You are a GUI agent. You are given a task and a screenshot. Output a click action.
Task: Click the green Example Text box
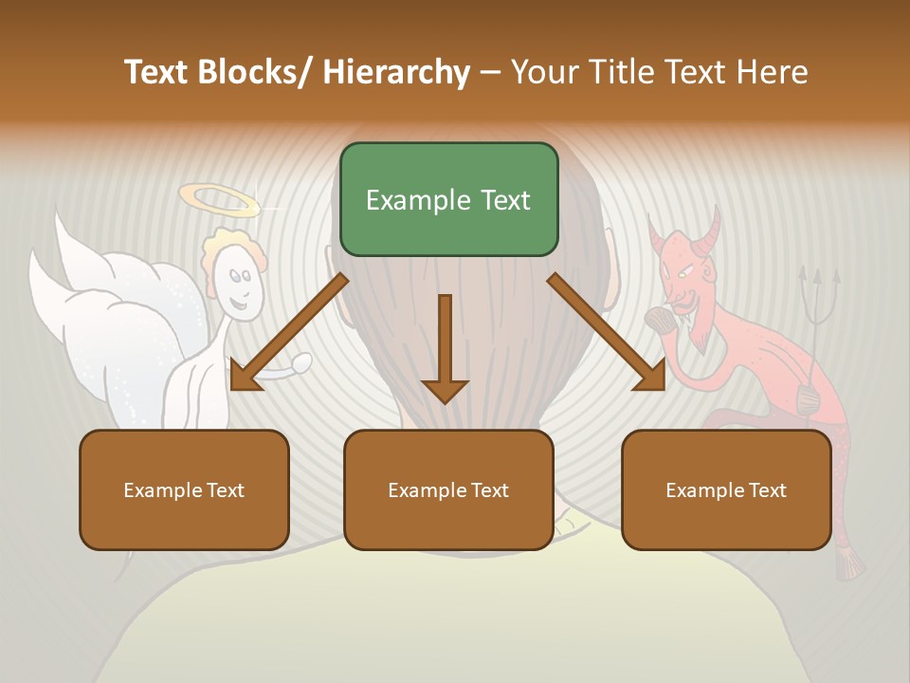point(448,199)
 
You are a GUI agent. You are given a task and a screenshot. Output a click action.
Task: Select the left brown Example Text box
point(184,489)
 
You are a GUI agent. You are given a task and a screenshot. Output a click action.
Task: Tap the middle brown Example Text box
point(448,489)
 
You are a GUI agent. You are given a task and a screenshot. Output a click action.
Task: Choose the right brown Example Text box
point(726,489)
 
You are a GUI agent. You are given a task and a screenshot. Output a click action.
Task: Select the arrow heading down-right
point(607,331)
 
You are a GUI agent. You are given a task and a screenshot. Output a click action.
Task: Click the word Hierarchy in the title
point(395,72)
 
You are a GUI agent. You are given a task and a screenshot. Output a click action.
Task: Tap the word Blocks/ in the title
point(249,72)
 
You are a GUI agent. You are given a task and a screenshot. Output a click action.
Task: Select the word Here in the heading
point(773,72)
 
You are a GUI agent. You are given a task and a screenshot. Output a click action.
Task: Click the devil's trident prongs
point(816,279)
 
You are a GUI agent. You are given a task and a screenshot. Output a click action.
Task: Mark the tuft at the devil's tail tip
point(848,565)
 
